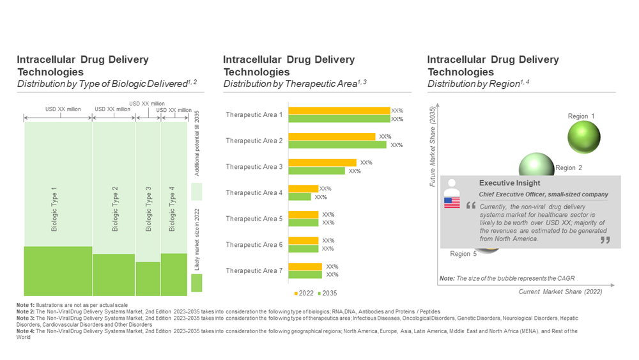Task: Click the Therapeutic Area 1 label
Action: pos(254,115)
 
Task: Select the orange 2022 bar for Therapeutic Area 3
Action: pos(322,162)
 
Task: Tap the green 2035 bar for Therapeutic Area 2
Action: pos(337,145)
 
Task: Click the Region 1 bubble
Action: pos(584,136)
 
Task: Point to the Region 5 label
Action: pos(463,254)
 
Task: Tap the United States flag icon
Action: pos(452,203)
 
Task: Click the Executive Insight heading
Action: pos(509,183)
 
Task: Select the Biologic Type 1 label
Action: pos(54,208)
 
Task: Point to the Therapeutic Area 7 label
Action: pos(254,271)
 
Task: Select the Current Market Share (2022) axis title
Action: pos(561,292)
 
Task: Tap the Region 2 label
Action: pos(569,168)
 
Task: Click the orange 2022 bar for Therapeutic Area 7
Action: pos(305,267)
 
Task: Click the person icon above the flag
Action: pos(452,185)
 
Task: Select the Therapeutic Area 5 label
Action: pos(254,219)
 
